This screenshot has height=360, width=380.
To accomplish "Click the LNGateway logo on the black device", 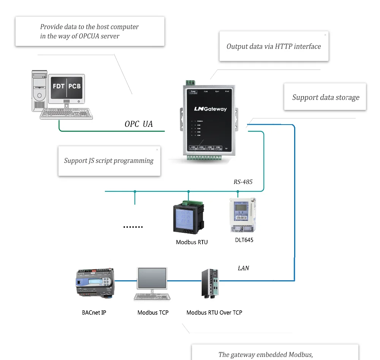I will pyautogui.click(x=210, y=109).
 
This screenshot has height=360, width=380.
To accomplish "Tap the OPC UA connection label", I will pyautogui.click(x=139, y=124).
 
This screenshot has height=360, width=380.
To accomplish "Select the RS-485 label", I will pyautogui.click(x=243, y=182).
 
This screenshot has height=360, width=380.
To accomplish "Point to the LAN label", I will pyautogui.click(x=243, y=268).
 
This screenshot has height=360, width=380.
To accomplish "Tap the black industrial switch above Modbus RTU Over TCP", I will pyautogui.click(x=210, y=283).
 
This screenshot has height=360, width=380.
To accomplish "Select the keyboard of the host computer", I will pyautogui.click(x=67, y=114).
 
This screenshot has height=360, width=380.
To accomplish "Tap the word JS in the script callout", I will pyautogui.click(x=92, y=161).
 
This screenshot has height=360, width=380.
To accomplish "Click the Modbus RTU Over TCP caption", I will pyautogui.click(x=214, y=313).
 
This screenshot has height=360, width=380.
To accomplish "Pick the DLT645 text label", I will pyautogui.click(x=244, y=240).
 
